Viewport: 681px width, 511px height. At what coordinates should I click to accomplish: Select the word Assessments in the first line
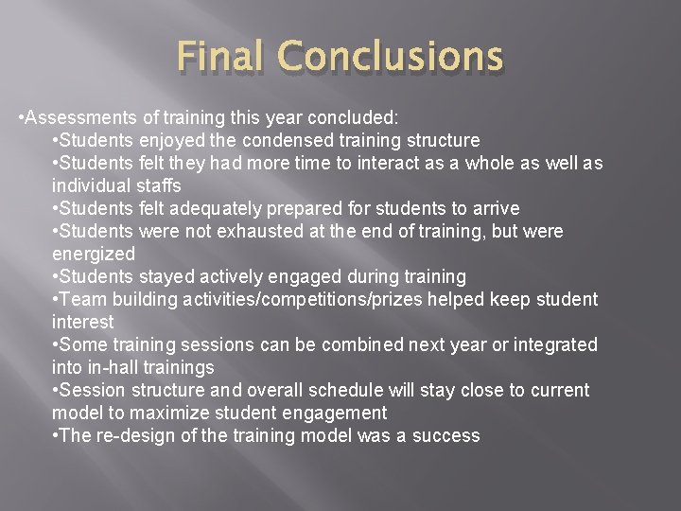(x=74, y=117)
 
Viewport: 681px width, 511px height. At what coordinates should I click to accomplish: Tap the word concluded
(x=352, y=117)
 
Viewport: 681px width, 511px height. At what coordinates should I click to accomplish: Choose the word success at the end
(x=448, y=435)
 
